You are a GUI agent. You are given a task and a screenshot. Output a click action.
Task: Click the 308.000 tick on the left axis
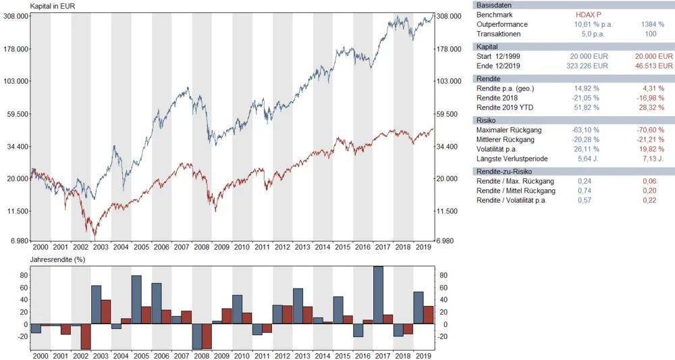[x=15, y=16]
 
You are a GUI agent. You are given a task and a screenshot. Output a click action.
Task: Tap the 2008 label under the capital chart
[x=201, y=248]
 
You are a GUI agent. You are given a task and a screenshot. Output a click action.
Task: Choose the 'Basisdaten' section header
[x=494, y=5]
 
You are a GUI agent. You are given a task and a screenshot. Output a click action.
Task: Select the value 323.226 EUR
[x=587, y=66]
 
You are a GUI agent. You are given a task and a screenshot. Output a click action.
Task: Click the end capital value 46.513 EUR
[x=652, y=66]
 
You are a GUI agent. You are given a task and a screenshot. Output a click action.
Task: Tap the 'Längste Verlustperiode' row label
[x=512, y=159]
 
